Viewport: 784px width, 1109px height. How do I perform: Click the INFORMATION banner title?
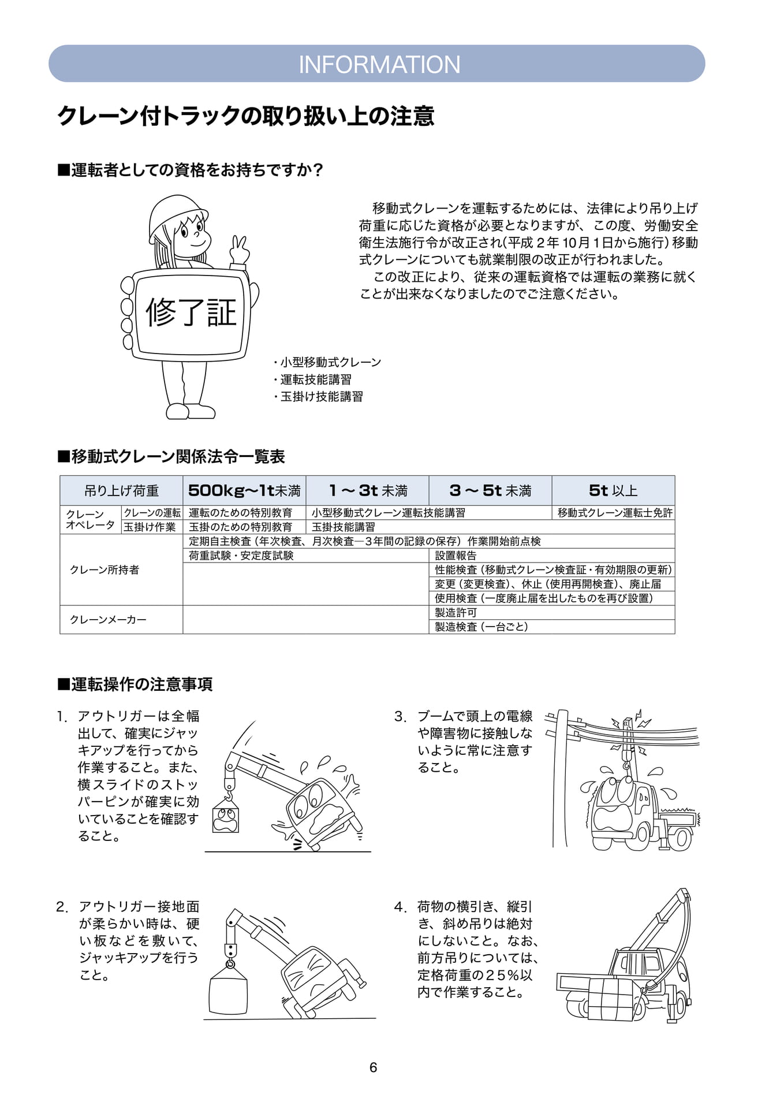pyautogui.click(x=379, y=64)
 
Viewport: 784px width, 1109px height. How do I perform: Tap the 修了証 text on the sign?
pyautogui.click(x=191, y=312)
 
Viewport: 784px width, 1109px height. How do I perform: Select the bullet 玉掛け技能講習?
pyautogui.click(x=319, y=396)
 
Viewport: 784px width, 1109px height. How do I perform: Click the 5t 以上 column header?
pyautogui.click(x=613, y=490)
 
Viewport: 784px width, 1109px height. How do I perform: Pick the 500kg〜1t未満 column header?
pyautogui.click(x=244, y=490)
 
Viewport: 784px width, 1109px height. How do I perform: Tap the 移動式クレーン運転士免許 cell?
pyautogui.click(x=615, y=512)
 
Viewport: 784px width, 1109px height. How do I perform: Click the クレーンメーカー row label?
pyautogui.click(x=108, y=619)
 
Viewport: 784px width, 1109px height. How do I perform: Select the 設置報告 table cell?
pyautogui.click(x=456, y=555)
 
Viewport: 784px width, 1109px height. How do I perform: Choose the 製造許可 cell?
pyautogui.click(x=456, y=612)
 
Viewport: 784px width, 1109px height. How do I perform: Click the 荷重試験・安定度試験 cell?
pyautogui.click(x=241, y=555)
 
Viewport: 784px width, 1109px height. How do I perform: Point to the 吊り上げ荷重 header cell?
pyautogui.click(x=121, y=490)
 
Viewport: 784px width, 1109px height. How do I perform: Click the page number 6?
pyautogui.click(x=373, y=1067)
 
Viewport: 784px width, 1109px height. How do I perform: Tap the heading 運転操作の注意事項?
pyautogui.click(x=136, y=684)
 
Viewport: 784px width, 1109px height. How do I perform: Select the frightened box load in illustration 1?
pyautogui.click(x=226, y=815)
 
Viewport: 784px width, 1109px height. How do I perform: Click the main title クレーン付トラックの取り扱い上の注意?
pyautogui.click(x=246, y=116)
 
